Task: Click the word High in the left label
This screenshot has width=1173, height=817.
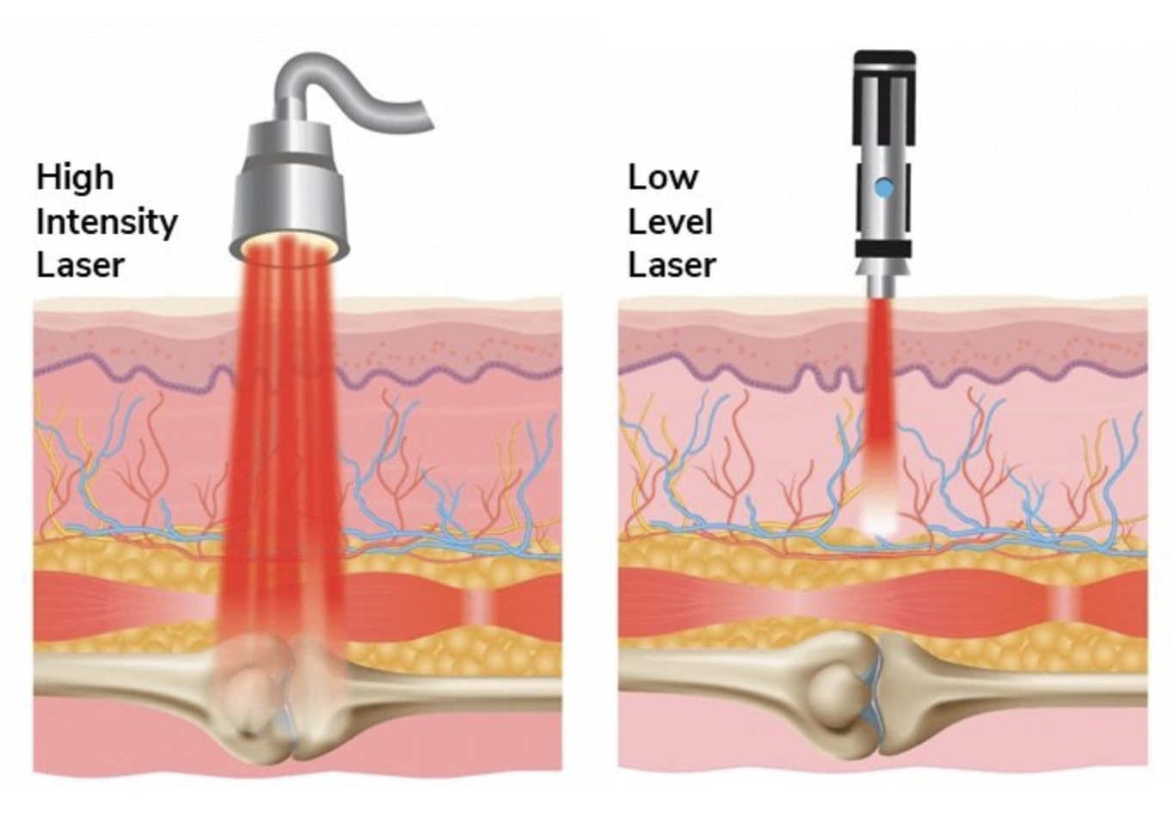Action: [75, 177]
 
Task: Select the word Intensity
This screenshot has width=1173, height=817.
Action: [107, 222]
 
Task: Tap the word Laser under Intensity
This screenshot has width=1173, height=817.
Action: [80, 265]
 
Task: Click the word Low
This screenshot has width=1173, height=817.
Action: [663, 177]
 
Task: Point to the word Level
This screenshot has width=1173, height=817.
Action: [670, 222]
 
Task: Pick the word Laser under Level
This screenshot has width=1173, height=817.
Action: [672, 265]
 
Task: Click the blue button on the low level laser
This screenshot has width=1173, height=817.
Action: [883, 187]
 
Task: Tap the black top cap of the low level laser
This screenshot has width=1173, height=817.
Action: [883, 64]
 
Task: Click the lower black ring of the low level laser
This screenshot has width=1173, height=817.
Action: [883, 249]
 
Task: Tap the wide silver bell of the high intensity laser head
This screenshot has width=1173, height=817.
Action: [289, 198]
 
